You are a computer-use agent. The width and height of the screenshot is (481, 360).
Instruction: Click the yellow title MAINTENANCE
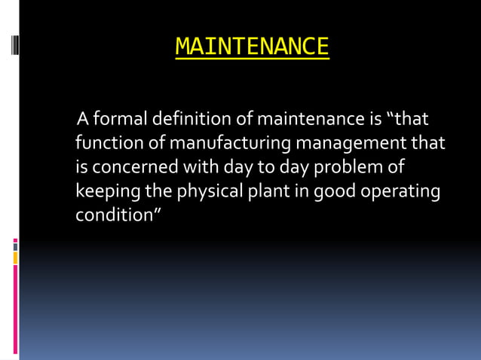tap(252, 47)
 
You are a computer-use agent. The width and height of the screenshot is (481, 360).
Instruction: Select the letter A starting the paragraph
tap(84, 119)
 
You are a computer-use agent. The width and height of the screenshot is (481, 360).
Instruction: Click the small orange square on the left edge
tap(15, 258)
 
